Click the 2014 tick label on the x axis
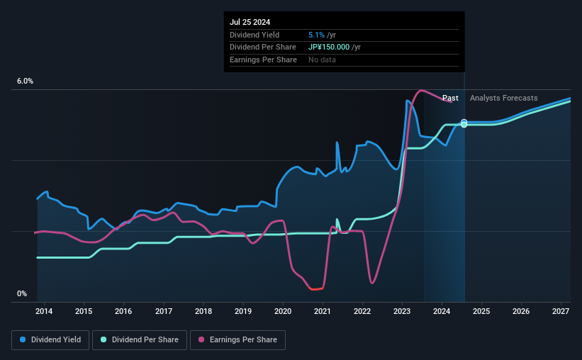coord(44,311)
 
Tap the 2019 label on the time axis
coord(243,311)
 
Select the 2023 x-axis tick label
coord(402,311)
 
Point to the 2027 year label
coord(561,311)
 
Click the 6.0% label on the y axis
coord(25,81)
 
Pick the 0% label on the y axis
coord(22,293)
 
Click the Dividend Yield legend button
coord(50,340)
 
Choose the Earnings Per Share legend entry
coord(238,340)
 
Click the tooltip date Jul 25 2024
coord(250,22)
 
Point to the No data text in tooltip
coord(322,60)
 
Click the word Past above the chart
coord(450,98)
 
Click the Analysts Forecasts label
coord(503,98)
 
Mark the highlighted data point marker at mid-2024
coord(464,123)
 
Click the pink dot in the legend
coord(201,340)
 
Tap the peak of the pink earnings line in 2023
coord(422,91)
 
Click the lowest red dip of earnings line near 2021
coord(313,289)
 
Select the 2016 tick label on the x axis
coord(123,311)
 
